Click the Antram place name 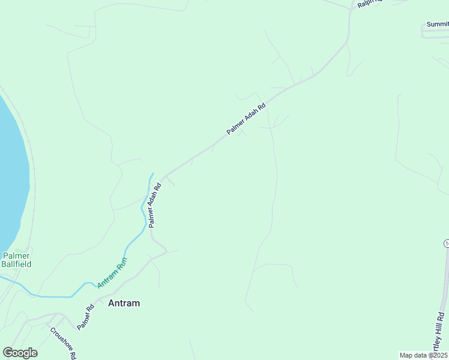[124, 303]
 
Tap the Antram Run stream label [113, 271]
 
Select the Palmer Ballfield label [16, 260]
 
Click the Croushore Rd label [62, 343]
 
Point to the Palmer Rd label [86, 317]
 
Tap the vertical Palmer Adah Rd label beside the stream [155, 205]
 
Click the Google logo [20, 353]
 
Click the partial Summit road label [438, 24]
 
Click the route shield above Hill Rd [447, 243]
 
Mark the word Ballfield [16, 263]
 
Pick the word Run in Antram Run [122, 262]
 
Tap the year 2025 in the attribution [439, 355]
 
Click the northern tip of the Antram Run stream [152, 174]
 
